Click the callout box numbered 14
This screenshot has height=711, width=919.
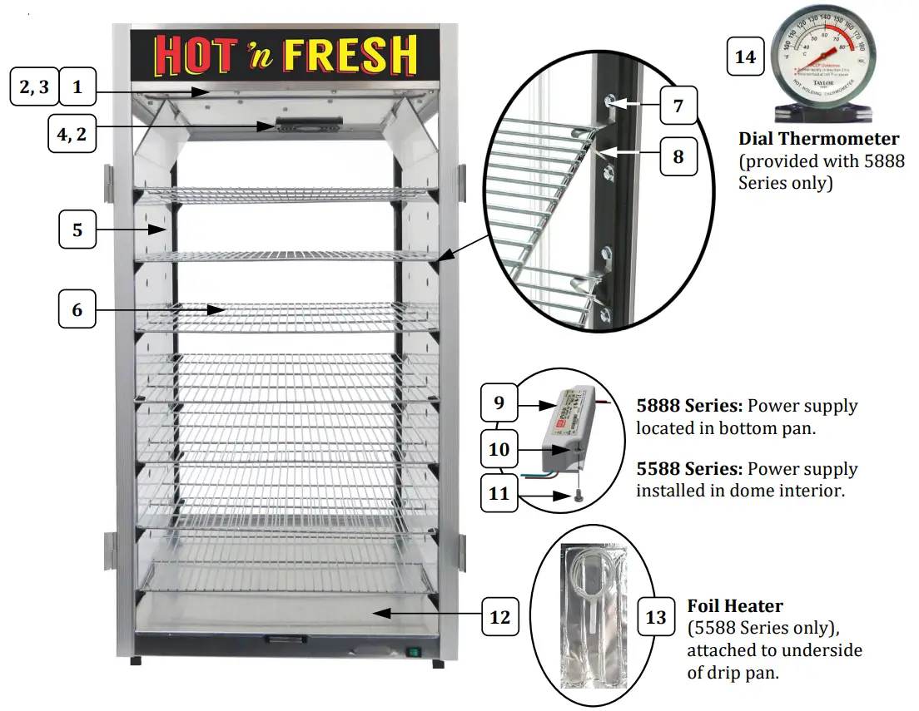(746, 57)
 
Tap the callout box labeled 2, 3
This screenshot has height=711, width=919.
(34, 86)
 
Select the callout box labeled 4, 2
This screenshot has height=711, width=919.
(71, 133)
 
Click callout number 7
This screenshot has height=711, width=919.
(678, 106)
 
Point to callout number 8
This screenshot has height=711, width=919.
(678, 156)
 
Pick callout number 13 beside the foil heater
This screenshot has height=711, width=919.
(656, 617)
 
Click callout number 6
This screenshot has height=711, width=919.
(77, 310)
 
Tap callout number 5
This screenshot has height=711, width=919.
(77, 229)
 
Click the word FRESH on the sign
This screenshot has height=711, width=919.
(350, 55)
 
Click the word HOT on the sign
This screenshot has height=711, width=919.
(196, 55)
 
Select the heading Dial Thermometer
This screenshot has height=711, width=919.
(818, 139)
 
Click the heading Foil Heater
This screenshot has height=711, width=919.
(735, 606)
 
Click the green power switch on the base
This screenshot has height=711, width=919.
(411, 652)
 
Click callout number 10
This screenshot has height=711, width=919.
(499, 449)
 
